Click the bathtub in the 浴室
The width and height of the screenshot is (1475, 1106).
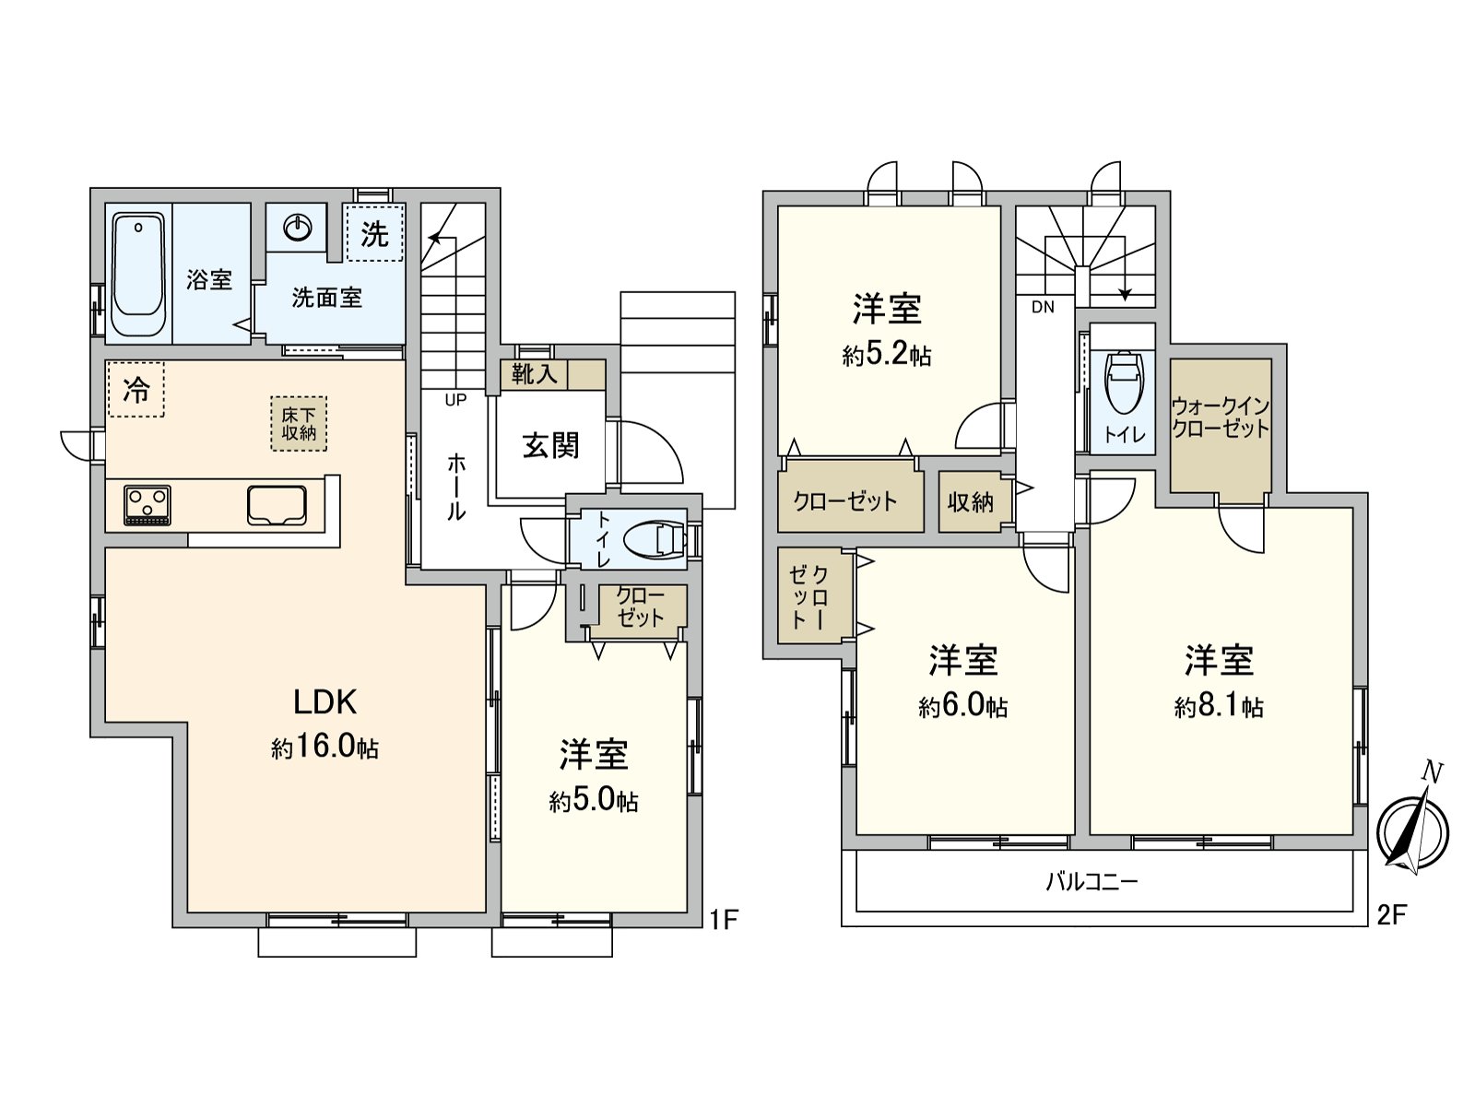click(x=138, y=275)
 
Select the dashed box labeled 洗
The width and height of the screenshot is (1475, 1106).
click(x=374, y=233)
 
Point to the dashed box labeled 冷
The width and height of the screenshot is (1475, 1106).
click(x=136, y=389)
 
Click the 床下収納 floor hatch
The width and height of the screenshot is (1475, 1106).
click(x=299, y=424)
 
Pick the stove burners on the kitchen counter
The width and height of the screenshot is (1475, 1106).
click(x=147, y=505)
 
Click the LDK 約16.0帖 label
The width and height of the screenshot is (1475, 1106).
click(x=324, y=724)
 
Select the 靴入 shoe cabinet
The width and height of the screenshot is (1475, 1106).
click(x=536, y=374)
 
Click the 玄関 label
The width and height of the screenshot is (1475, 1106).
click(x=551, y=446)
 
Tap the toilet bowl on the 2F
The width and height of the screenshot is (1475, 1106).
click(x=1123, y=383)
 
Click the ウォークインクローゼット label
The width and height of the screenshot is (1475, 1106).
click(x=1221, y=418)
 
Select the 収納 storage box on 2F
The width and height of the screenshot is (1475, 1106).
click(x=971, y=502)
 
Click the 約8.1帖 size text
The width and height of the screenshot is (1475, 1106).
click(x=1219, y=707)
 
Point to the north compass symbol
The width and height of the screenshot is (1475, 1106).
click(x=1412, y=829)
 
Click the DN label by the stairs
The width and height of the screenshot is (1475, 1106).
click(x=1043, y=308)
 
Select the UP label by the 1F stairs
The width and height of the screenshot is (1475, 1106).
click(x=455, y=400)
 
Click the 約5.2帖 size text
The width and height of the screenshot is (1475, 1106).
click(x=887, y=355)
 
